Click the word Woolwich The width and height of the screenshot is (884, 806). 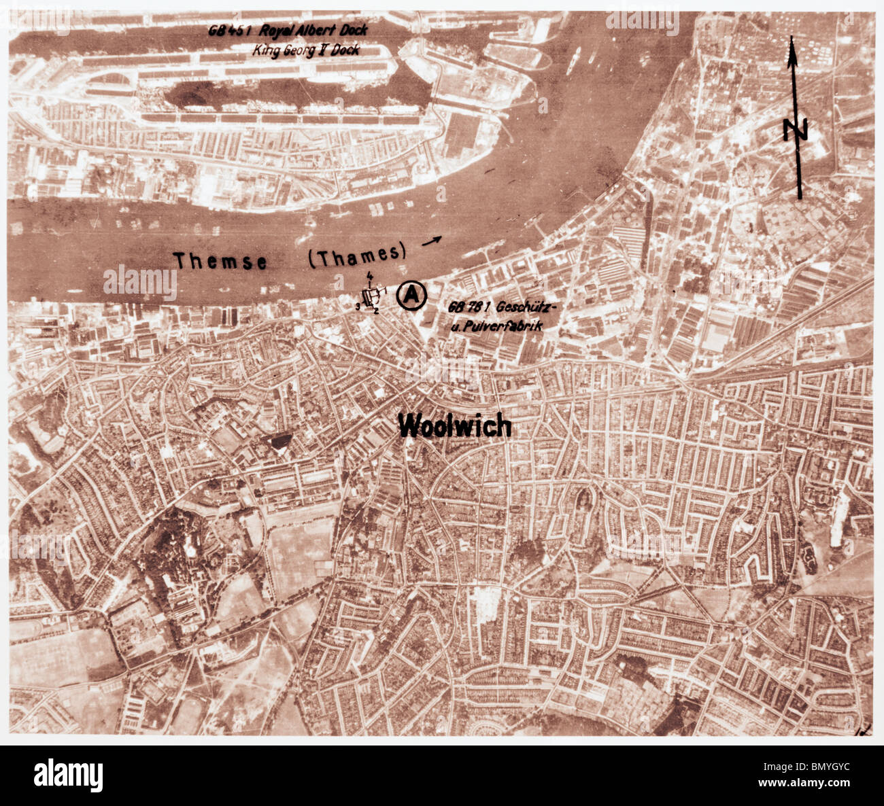[x=454, y=425]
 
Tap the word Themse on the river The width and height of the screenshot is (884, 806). [x=220, y=260]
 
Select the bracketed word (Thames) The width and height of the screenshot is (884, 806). [x=357, y=255]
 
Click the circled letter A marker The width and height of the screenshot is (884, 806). [x=411, y=295]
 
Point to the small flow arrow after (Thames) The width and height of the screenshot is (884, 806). [x=430, y=239]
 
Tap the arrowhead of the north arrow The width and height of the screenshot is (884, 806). [x=792, y=51]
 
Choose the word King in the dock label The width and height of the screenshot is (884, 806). [x=265, y=50]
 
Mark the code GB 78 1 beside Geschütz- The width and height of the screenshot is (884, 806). [x=469, y=307]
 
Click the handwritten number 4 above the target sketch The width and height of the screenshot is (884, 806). [x=369, y=275]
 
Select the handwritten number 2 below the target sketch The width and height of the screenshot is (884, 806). [x=375, y=311]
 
